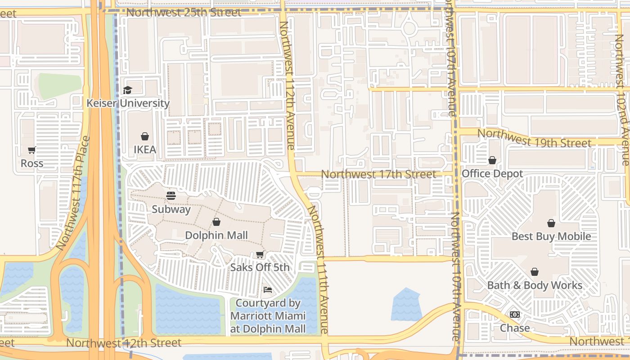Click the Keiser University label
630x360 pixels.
pyautogui.click(x=128, y=103)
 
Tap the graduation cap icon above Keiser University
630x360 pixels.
pyautogui.click(x=128, y=90)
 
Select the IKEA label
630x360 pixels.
pyautogui.click(x=145, y=149)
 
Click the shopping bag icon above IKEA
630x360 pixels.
pyautogui.click(x=145, y=136)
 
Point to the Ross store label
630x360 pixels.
pyautogui.click(x=32, y=163)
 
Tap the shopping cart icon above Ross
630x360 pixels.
pyautogui.click(x=32, y=150)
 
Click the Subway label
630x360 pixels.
pyautogui.click(x=171, y=209)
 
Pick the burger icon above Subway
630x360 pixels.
pyautogui.click(x=171, y=196)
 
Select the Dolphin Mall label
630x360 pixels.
pyautogui.click(x=216, y=235)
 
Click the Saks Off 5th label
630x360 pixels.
pyautogui.click(x=260, y=267)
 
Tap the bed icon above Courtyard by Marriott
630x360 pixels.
pyautogui.click(x=268, y=290)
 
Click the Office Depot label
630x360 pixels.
pyautogui.click(x=492, y=174)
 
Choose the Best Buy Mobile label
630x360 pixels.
pyautogui.click(x=551, y=236)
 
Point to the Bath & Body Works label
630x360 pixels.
pyautogui.click(x=535, y=285)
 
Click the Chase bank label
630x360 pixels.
pyautogui.click(x=515, y=328)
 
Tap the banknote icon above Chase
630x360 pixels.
pyautogui.click(x=515, y=315)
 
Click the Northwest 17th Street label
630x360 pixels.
pyautogui.click(x=378, y=174)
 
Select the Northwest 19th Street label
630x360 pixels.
pyautogui.click(x=534, y=138)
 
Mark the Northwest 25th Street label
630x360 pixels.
pyautogui.click(x=184, y=12)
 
